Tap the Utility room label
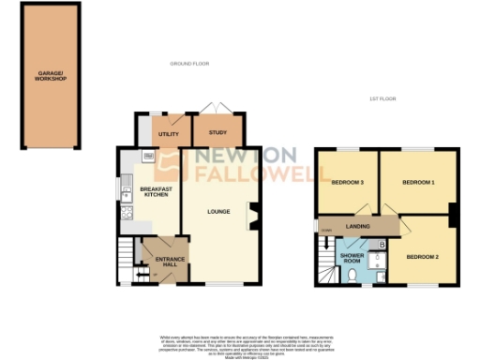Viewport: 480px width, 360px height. pyautogui.click(x=169, y=135)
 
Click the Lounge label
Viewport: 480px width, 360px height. pyautogui.click(x=218, y=211)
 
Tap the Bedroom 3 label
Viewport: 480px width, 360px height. pyautogui.click(x=348, y=182)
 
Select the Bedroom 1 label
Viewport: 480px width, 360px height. pyautogui.click(x=418, y=182)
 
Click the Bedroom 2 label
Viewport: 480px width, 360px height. pyautogui.click(x=422, y=256)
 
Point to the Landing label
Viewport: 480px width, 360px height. pyautogui.click(x=357, y=226)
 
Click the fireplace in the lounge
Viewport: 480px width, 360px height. pyautogui.click(x=250, y=216)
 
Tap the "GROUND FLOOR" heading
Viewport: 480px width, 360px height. pyautogui.click(x=189, y=64)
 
